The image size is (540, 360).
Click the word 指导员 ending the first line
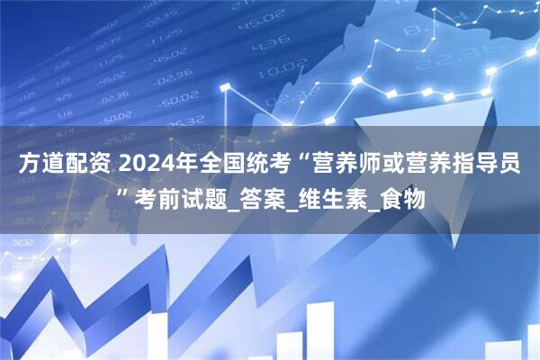[x=490, y=165]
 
